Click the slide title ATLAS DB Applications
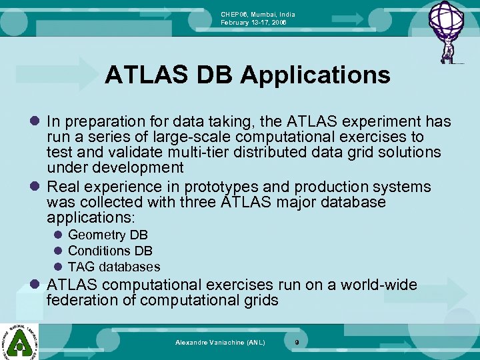(247, 75)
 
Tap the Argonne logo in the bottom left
(20, 340)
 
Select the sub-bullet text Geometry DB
(108, 235)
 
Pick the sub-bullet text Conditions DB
(110, 251)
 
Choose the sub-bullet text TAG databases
(114, 267)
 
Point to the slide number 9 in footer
(297, 342)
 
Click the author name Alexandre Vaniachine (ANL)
(220, 342)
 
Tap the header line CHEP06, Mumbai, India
(258, 14)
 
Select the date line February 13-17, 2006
(254, 22)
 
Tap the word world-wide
(379, 285)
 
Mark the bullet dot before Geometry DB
(58, 235)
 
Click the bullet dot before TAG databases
(58, 267)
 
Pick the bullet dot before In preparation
(35, 122)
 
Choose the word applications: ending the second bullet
(91, 217)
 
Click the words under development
(115, 167)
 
